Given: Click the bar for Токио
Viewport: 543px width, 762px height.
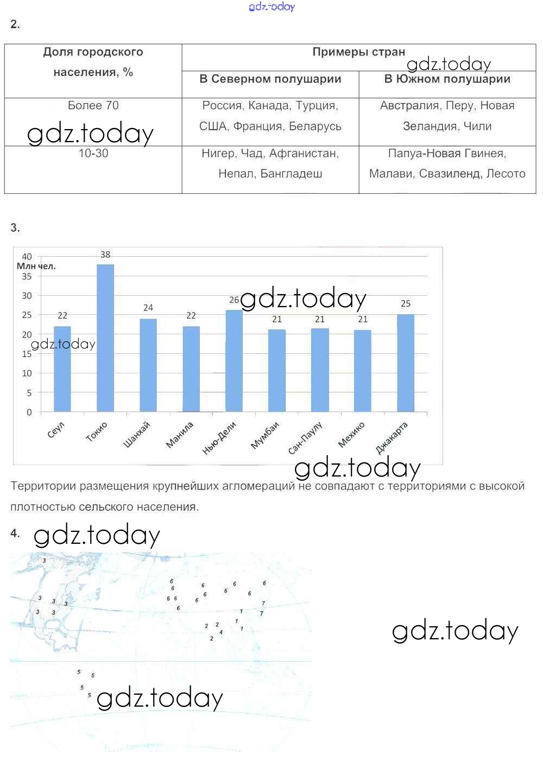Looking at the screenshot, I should [x=105, y=338].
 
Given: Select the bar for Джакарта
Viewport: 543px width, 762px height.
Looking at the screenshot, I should [x=406, y=363].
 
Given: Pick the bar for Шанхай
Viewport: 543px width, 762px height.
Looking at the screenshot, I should [x=148, y=365].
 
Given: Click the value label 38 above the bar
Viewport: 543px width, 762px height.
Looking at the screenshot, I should [x=105, y=255].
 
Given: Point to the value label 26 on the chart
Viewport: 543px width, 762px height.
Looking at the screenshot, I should [x=234, y=300].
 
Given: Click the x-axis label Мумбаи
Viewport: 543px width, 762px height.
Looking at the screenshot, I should [x=265, y=435].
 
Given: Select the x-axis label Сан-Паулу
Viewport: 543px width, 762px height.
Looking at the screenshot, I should [x=305, y=438].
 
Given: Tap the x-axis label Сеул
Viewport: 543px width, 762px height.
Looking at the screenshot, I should [x=56, y=429].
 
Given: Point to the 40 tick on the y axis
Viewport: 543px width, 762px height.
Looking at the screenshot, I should [x=27, y=257].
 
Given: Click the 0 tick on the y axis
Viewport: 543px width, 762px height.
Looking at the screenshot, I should [x=29, y=412].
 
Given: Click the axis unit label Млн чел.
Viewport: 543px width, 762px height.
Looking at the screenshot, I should [x=36, y=266].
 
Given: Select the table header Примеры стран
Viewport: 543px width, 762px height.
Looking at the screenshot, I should [x=358, y=52].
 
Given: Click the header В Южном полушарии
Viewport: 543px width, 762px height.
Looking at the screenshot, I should [x=447, y=79].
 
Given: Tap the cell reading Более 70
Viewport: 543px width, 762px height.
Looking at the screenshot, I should [x=93, y=106].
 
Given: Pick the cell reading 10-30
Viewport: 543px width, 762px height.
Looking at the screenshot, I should [x=93, y=154].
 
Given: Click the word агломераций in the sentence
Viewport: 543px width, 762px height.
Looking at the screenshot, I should [x=261, y=486].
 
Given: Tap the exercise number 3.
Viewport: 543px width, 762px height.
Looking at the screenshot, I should [x=15, y=228].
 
